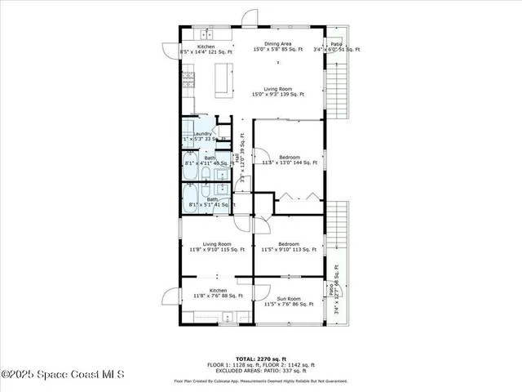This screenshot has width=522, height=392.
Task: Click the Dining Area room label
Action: (x=277, y=44)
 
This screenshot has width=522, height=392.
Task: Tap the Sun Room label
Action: (x=289, y=298)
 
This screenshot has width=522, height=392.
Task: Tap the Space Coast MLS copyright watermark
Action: (x=62, y=375)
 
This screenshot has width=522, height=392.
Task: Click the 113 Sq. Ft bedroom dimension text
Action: (x=289, y=250)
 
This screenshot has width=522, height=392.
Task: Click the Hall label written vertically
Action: (x=237, y=157)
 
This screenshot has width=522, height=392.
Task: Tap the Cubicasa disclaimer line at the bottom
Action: (x=260, y=381)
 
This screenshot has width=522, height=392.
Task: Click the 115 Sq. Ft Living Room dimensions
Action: (x=217, y=250)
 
